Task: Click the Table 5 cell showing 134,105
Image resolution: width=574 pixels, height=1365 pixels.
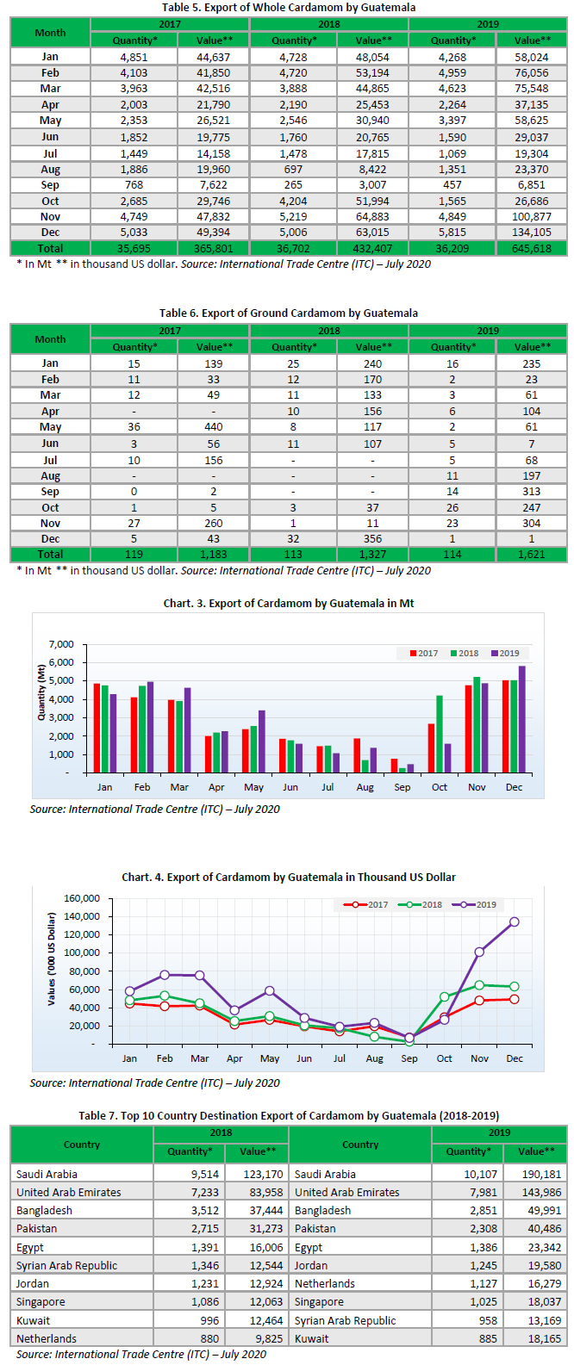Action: coord(531,233)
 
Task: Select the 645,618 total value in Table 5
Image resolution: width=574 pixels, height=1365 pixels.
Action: coord(531,248)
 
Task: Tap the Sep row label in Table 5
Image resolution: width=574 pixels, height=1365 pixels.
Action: coord(50,185)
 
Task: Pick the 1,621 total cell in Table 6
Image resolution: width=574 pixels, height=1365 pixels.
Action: coord(531,555)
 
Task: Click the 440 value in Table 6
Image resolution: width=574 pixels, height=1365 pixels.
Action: coord(213,427)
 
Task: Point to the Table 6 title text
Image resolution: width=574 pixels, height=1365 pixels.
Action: coord(288,313)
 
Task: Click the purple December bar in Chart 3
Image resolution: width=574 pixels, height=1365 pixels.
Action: coord(521,719)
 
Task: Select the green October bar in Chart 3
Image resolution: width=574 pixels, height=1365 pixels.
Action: coord(440,734)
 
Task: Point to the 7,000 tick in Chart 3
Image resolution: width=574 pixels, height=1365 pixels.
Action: coord(62,645)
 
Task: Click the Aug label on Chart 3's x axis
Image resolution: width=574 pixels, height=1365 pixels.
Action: coord(365,788)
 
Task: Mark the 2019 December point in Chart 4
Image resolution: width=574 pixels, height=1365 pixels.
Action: coord(515,922)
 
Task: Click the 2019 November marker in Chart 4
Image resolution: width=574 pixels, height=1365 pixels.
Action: coord(479,952)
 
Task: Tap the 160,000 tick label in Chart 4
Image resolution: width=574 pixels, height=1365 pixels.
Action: coord(83,899)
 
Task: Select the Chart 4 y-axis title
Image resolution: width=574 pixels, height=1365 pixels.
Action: coord(52,959)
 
